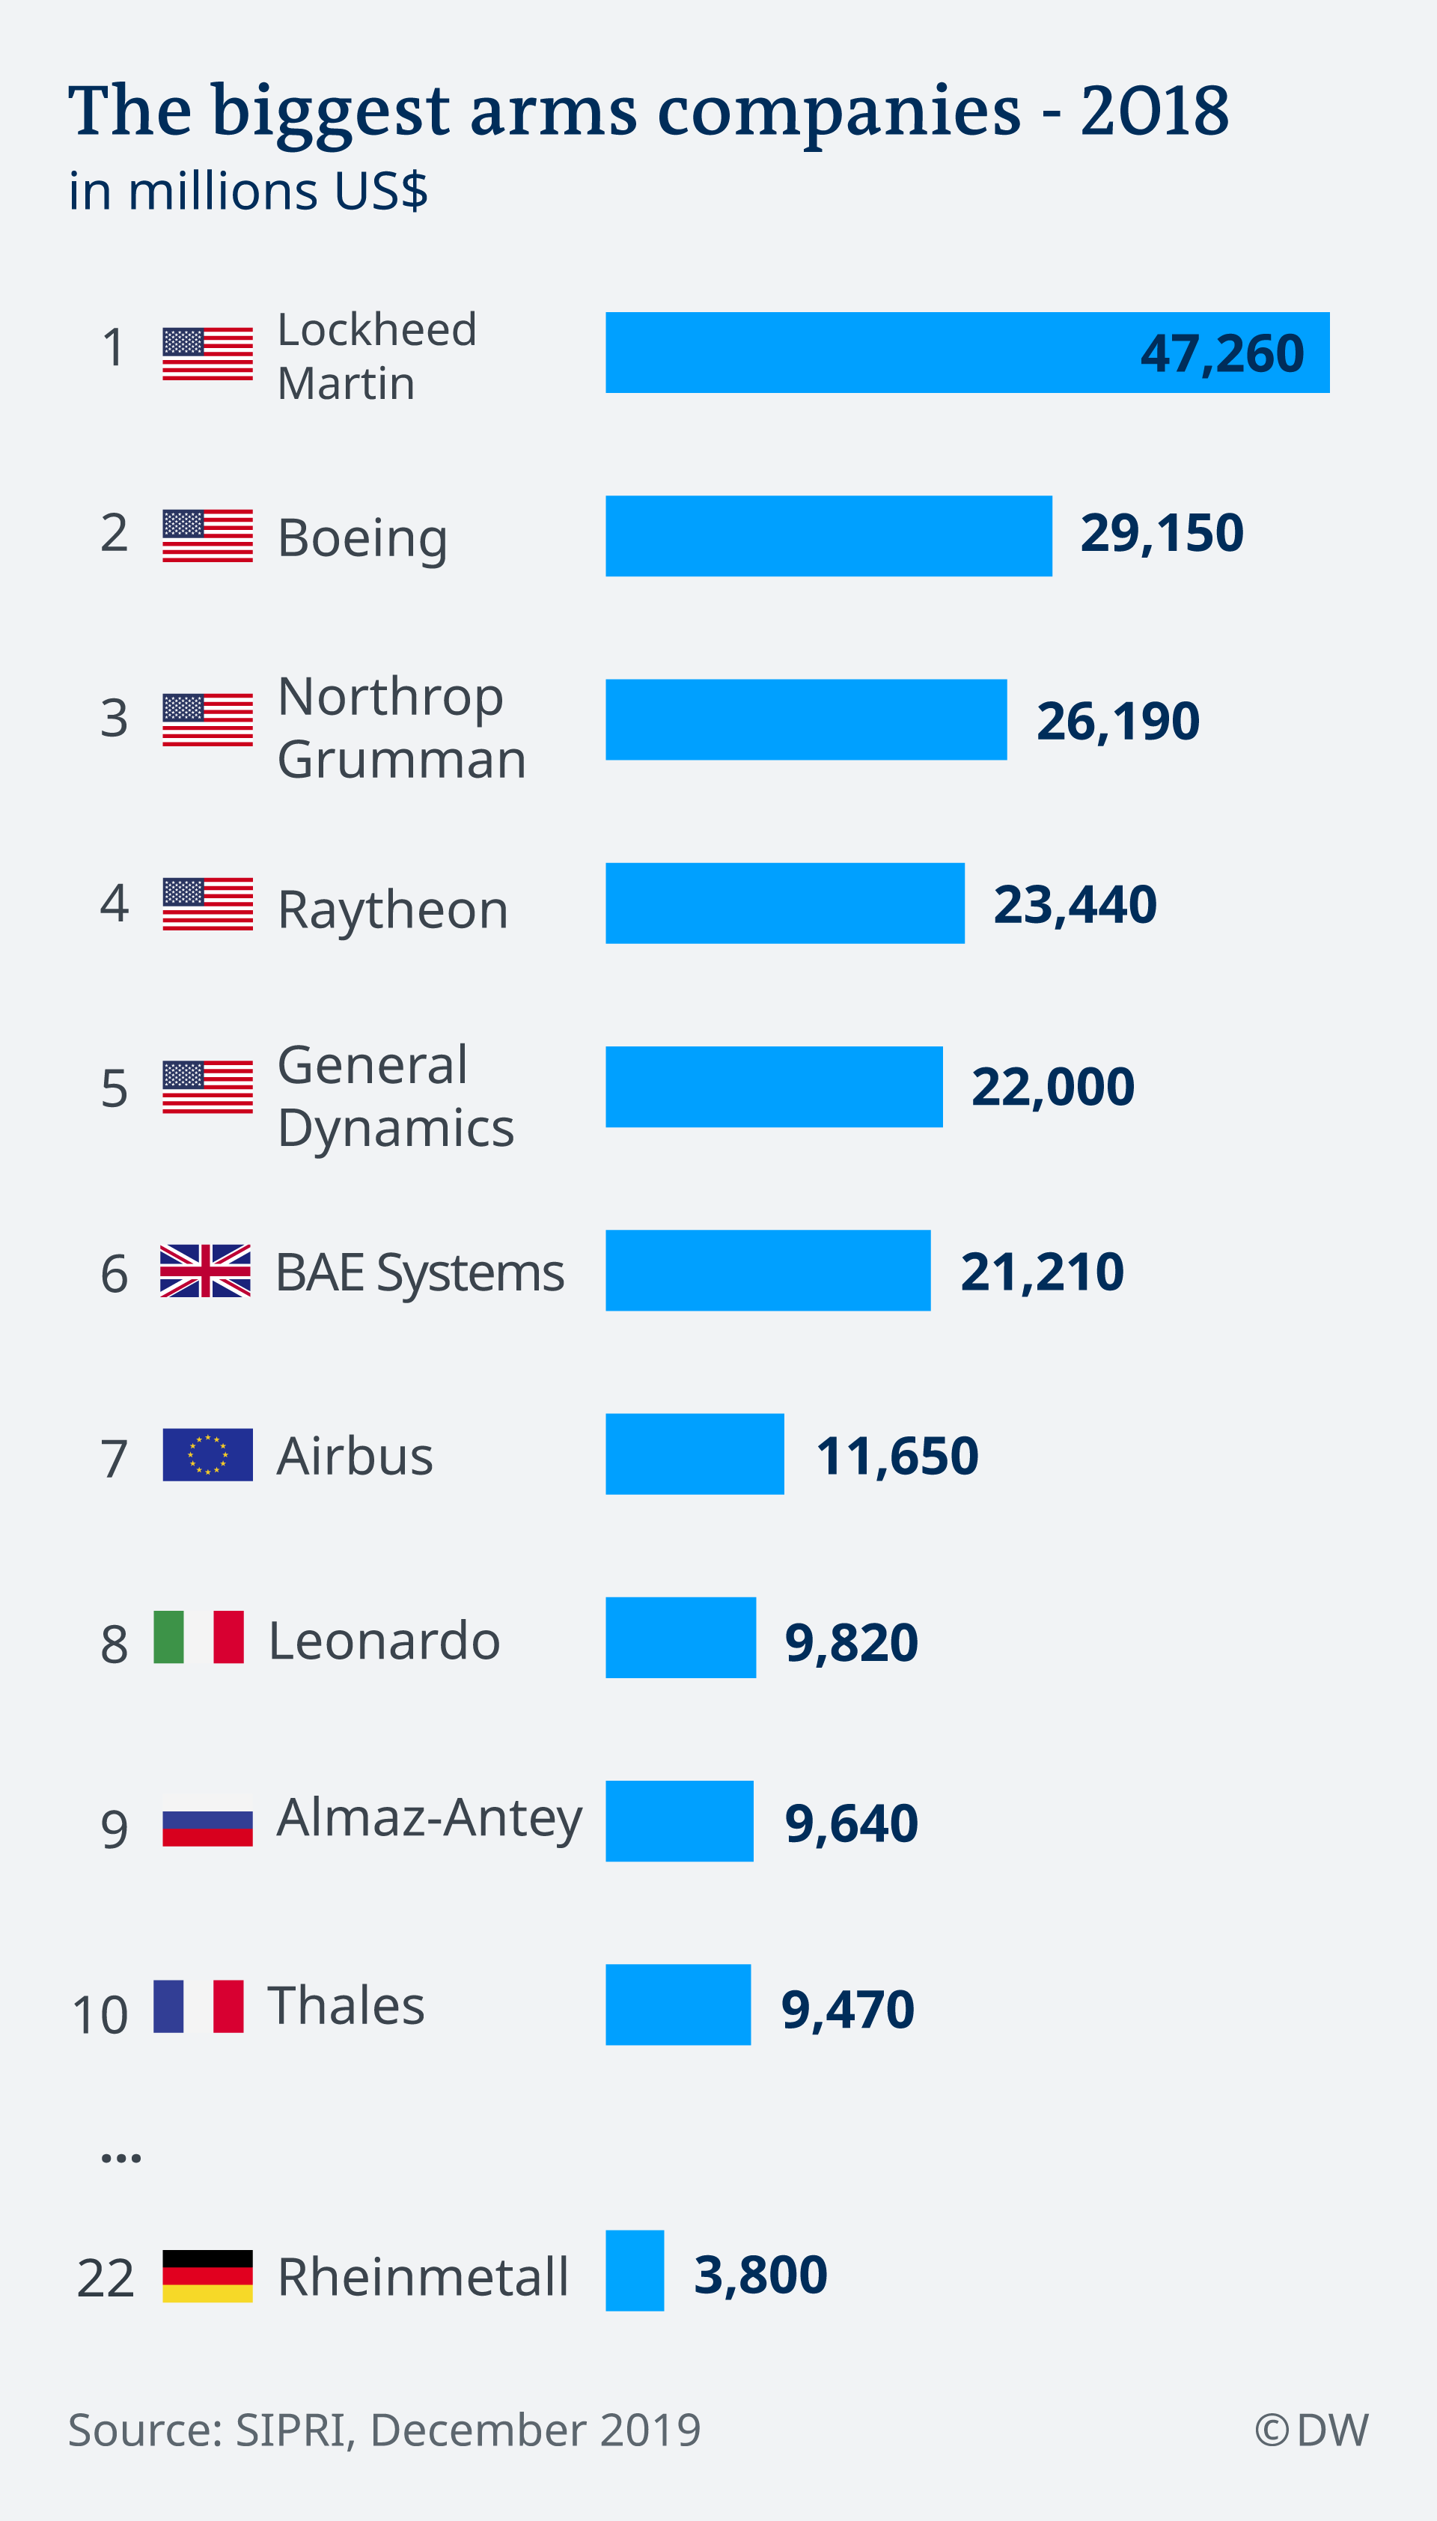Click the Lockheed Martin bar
967,353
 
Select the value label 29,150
1162,534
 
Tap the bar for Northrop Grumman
805,719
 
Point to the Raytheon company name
393,909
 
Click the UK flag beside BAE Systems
205,1270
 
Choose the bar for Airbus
695,1454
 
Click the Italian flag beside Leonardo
198,1638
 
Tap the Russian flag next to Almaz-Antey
207,1827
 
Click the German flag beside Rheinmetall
207,2275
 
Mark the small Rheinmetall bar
635,2270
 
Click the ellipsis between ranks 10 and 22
120,2159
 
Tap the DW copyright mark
1311,2429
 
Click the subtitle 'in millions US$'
248,191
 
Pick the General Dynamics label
394,1096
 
